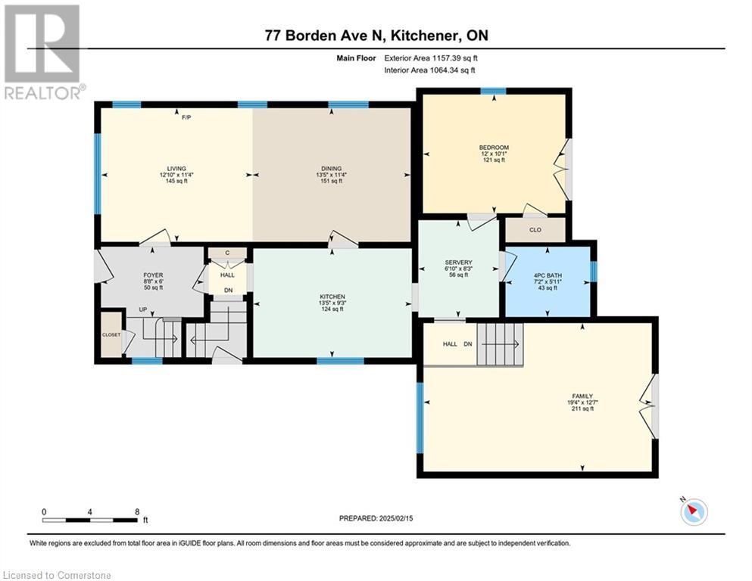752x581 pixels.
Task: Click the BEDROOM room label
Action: [x=494, y=148]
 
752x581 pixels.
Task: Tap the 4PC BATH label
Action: [x=548, y=275]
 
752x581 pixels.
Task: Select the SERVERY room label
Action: [x=458, y=263]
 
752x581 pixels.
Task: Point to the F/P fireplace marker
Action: [x=186, y=117]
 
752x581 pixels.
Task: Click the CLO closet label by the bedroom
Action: [x=535, y=230]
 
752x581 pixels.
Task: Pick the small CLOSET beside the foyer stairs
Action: [x=111, y=335]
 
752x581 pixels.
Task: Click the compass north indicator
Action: [x=694, y=511]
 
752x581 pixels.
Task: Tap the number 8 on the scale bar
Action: [x=137, y=511]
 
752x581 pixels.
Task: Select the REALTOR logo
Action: [x=43, y=52]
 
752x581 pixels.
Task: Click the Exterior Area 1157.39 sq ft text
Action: [x=431, y=58]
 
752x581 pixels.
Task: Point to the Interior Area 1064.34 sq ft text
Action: [x=429, y=70]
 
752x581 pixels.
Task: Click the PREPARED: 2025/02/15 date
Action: [x=376, y=518]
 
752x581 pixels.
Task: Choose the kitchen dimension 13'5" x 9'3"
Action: [x=332, y=303]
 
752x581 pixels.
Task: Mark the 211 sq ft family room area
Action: [x=582, y=409]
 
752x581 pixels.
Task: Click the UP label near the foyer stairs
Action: [x=143, y=309]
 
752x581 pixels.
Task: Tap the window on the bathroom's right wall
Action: [x=594, y=272]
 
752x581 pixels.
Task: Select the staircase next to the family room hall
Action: [x=500, y=344]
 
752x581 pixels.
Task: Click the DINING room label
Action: [x=332, y=169]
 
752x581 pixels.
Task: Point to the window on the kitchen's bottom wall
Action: [x=341, y=361]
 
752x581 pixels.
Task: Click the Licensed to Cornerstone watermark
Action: [x=57, y=575]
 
